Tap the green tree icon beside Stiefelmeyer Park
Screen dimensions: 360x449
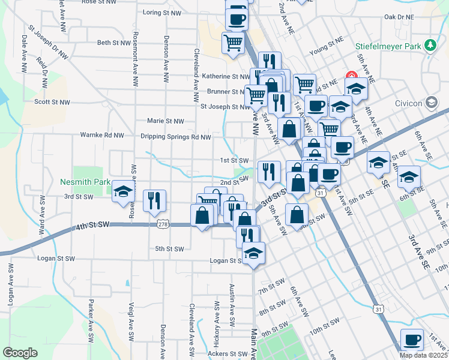click(430, 45)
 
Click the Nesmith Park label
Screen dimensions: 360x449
click(85, 181)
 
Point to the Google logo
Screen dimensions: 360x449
click(20, 353)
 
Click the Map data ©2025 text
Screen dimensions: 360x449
click(423, 355)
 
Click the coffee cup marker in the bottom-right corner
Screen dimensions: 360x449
click(412, 340)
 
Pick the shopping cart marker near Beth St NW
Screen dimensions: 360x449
click(233, 42)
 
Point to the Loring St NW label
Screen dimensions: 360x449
click(162, 12)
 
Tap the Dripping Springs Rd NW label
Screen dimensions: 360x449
click(175, 137)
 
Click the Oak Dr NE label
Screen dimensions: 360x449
click(399, 17)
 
